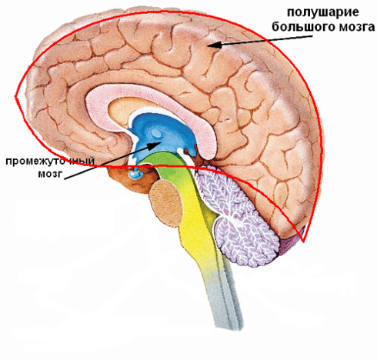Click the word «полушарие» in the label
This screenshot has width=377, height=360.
(322, 12)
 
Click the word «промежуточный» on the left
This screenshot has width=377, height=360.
(50, 162)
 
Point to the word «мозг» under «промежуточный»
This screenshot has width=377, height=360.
(50, 174)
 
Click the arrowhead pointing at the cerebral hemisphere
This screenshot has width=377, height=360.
(214, 45)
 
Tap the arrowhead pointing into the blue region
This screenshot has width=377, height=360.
(155, 145)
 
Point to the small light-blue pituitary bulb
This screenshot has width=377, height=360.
(135, 175)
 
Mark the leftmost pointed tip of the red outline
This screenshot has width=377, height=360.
(15, 96)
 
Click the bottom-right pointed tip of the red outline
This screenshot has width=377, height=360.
(304, 242)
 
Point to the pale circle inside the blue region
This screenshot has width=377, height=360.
(155, 133)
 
